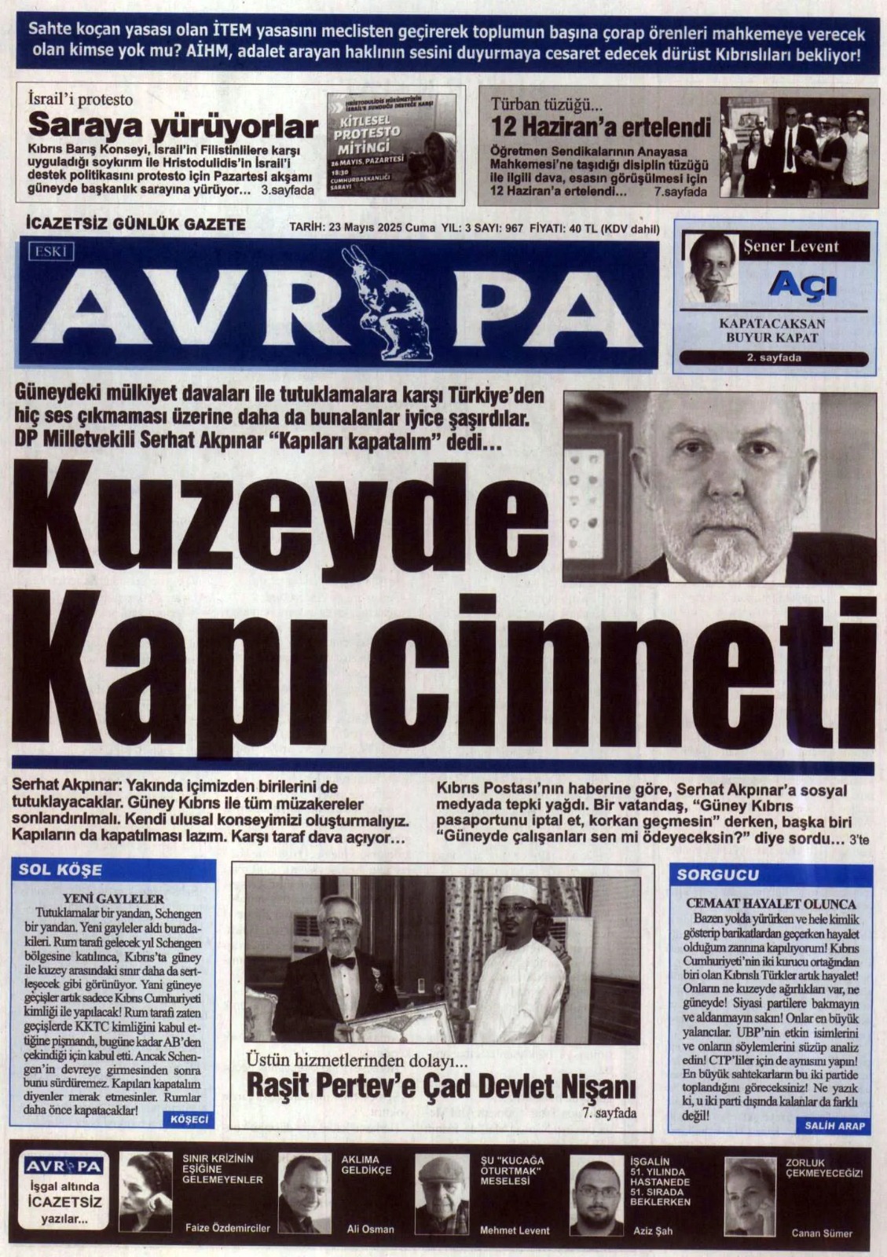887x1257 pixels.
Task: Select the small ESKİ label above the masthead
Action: [x=52, y=251]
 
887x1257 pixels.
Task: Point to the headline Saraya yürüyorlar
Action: [x=173, y=126]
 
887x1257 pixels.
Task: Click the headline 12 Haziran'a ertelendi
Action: [x=600, y=127]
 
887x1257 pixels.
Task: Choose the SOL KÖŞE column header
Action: [x=60, y=870]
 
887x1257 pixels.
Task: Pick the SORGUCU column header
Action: [x=707, y=874]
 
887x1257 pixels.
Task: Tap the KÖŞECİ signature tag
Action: [x=189, y=1120]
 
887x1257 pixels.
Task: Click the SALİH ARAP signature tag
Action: [x=834, y=1126]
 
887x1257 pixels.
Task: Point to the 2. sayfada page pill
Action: [x=774, y=359]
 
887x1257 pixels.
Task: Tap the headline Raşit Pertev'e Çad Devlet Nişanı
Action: [x=440, y=1087]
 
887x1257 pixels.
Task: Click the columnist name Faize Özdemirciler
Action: [x=227, y=1228]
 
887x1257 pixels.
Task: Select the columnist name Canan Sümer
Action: [x=821, y=1233]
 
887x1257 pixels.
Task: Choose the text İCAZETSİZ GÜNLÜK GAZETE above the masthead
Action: [x=136, y=225]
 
